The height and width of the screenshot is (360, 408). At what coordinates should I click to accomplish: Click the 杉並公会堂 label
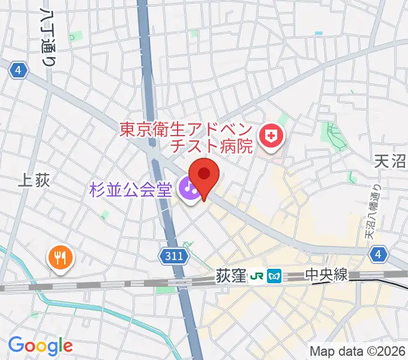point(130,191)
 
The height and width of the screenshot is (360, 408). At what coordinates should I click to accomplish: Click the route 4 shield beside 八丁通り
point(19,71)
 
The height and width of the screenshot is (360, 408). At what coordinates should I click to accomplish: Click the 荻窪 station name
point(230,276)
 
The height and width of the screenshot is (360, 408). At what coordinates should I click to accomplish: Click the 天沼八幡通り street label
point(373,213)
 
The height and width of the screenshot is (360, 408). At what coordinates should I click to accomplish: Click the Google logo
point(40,345)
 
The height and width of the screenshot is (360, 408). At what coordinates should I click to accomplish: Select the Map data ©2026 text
point(358,351)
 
